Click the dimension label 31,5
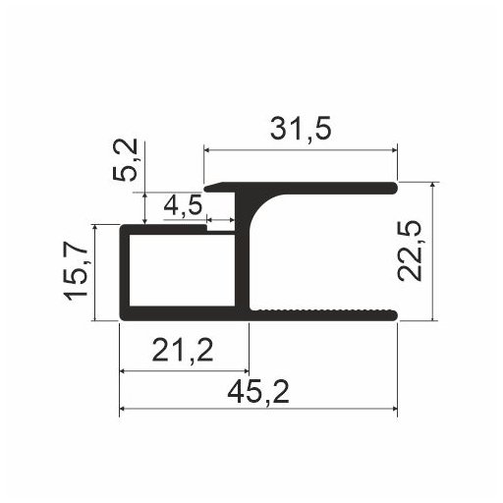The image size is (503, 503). coord(300,129)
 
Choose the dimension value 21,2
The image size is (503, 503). coord(184,350)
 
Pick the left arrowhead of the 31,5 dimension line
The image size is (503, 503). coord(207,150)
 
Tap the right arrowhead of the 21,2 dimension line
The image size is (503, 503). coord(246,371)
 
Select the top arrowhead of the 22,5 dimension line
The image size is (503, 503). coord(432,185)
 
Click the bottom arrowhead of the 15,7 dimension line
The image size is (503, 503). coord(95,316)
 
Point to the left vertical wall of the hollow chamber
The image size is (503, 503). coord(124,272)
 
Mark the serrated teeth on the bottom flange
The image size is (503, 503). coord(324,310)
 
